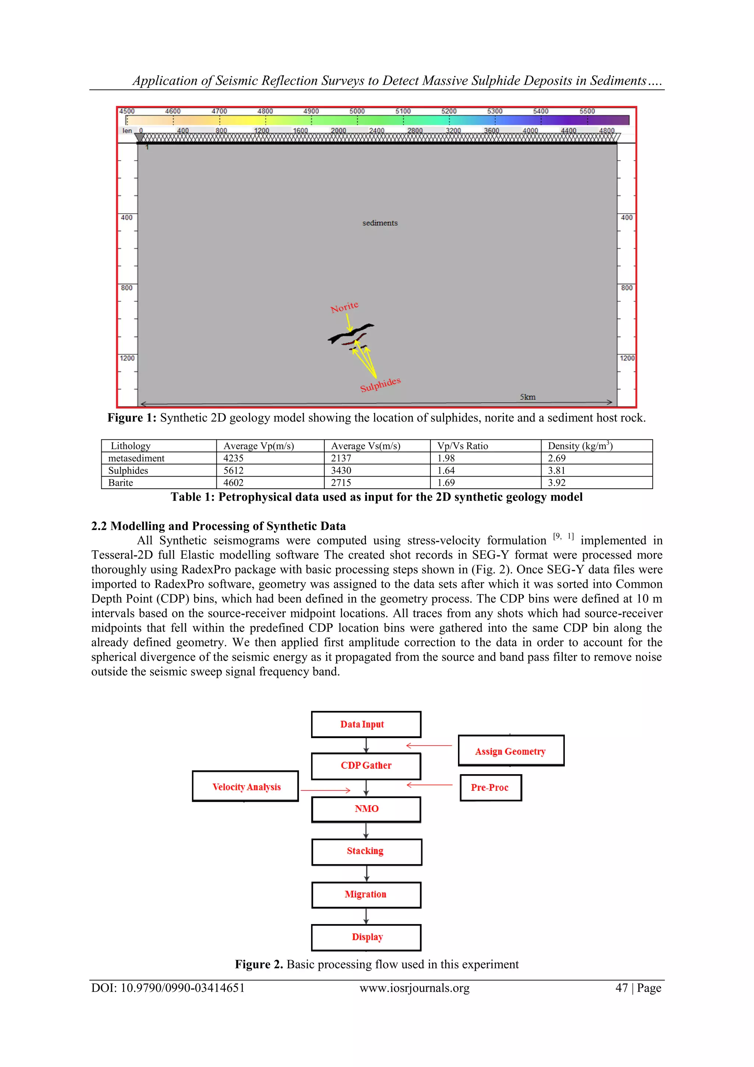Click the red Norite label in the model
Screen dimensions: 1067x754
click(x=344, y=307)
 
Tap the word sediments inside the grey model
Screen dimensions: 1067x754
click(x=380, y=223)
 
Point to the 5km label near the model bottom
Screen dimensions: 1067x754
click(x=527, y=397)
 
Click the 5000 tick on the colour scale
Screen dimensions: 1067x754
click(x=357, y=112)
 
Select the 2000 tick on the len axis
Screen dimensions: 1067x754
click(x=338, y=131)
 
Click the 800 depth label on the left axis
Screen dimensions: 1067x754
click(x=126, y=288)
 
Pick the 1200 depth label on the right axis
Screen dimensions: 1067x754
click(x=627, y=358)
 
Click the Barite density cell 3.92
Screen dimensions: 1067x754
click(x=557, y=483)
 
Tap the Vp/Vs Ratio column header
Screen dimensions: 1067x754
click(x=462, y=446)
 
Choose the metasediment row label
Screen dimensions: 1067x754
click(x=136, y=458)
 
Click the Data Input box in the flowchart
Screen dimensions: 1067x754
click(x=366, y=724)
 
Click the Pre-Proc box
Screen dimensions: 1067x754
click(x=490, y=787)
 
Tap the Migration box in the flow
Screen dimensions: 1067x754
click(x=366, y=894)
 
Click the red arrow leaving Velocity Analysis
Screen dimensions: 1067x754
click(x=325, y=790)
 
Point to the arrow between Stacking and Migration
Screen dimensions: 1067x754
click(x=366, y=873)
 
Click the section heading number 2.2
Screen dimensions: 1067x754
click(x=99, y=526)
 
